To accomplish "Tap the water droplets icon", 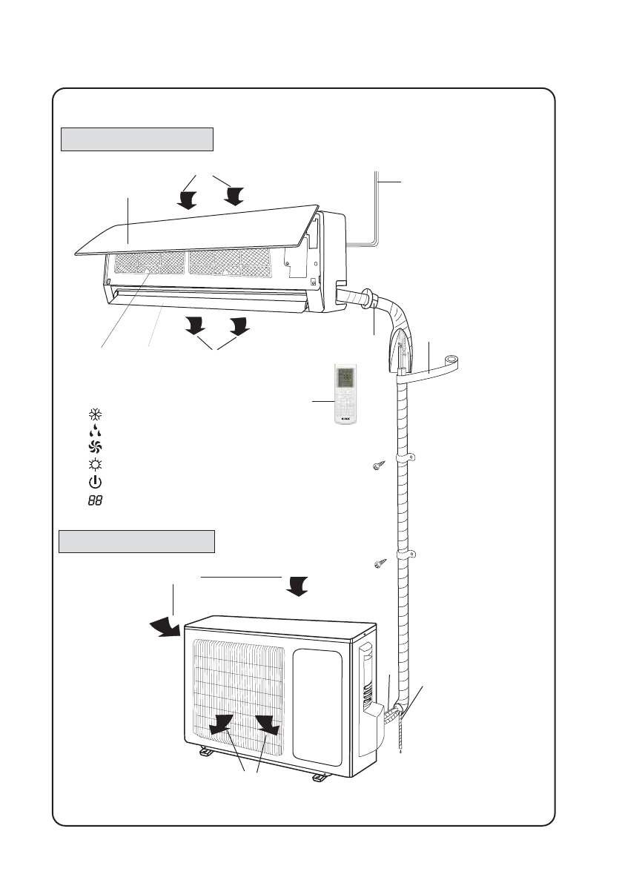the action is pyautogui.click(x=94, y=431).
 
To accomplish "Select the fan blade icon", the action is pyautogui.click(x=94, y=447).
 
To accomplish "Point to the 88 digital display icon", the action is pyautogui.click(x=94, y=500).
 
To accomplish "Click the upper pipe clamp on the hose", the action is pyautogui.click(x=407, y=458).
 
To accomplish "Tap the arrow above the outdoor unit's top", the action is pyautogui.click(x=298, y=586).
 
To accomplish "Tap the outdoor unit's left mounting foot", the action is pyautogui.click(x=205, y=752).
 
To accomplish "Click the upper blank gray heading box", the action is pyautogui.click(x=136, y=139).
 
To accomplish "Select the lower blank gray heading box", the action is pyautogui.click(x=136, y=541).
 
